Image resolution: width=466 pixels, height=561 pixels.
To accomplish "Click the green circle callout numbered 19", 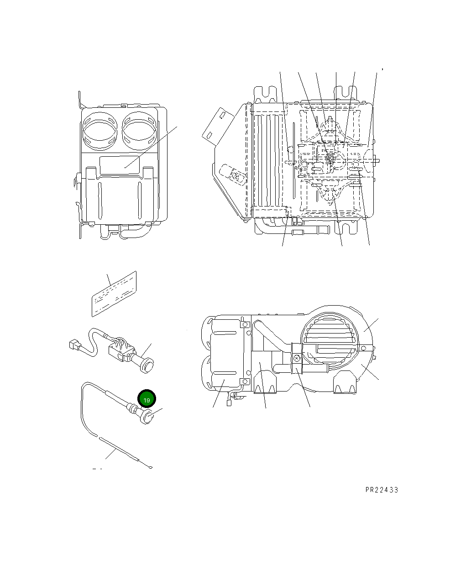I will (147, 400).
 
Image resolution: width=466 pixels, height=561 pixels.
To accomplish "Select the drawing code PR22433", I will (382, 490).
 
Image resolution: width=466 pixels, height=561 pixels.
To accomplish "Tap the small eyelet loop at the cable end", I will (151, 467).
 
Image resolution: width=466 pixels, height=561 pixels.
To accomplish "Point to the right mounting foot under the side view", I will (346, 385).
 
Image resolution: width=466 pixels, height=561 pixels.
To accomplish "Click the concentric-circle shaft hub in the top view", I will (330, 158).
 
